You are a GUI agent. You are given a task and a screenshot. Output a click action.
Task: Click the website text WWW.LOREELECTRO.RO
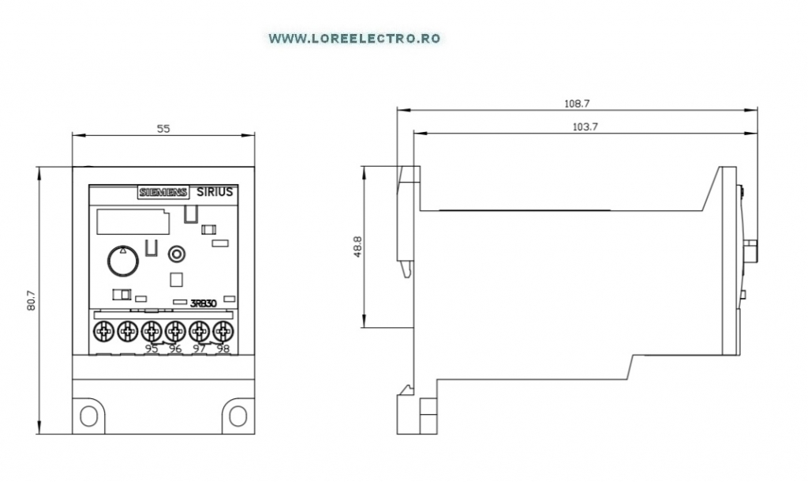click(x=354, y=39)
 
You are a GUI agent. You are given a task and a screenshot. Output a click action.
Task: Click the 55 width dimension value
click(x=163, y=129)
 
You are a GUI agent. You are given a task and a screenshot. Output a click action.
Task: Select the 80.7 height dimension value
click(x=32, y=300)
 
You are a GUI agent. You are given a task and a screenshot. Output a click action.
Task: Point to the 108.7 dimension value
click(x=577, y=104)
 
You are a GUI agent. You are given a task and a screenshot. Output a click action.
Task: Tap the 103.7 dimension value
click(x=585, y=126)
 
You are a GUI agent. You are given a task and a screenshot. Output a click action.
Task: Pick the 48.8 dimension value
click(x=357, y=247)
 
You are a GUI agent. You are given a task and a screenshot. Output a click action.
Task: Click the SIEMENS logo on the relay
click(x=163, y=192)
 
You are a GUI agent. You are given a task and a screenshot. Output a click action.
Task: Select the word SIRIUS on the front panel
click(x=215, y=192)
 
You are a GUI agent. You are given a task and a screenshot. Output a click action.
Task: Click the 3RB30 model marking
click(x=204, y=303)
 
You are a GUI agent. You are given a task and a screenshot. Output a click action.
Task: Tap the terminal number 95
click(x=151, y=348)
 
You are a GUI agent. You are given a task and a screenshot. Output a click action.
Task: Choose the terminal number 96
click(x=175, y=348)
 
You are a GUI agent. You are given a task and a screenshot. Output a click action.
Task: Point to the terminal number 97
click(x=200, y=348)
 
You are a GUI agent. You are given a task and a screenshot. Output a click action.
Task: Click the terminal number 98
click(x=223, y=348)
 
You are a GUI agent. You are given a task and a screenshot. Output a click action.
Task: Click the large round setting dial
click(x=123, y=261)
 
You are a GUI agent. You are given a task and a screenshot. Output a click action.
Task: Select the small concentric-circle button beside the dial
click(x=177, y=254)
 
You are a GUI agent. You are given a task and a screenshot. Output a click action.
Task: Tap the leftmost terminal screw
click(x=103, y=331)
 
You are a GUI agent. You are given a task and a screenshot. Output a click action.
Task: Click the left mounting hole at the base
click(x=88, y=416)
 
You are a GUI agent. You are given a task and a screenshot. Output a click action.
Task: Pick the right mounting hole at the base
click(x=238, y=416)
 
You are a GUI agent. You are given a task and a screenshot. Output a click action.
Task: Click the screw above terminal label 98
click(x=223, y=331)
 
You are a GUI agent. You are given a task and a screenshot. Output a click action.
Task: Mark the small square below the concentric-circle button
click(x=176, y=279)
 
